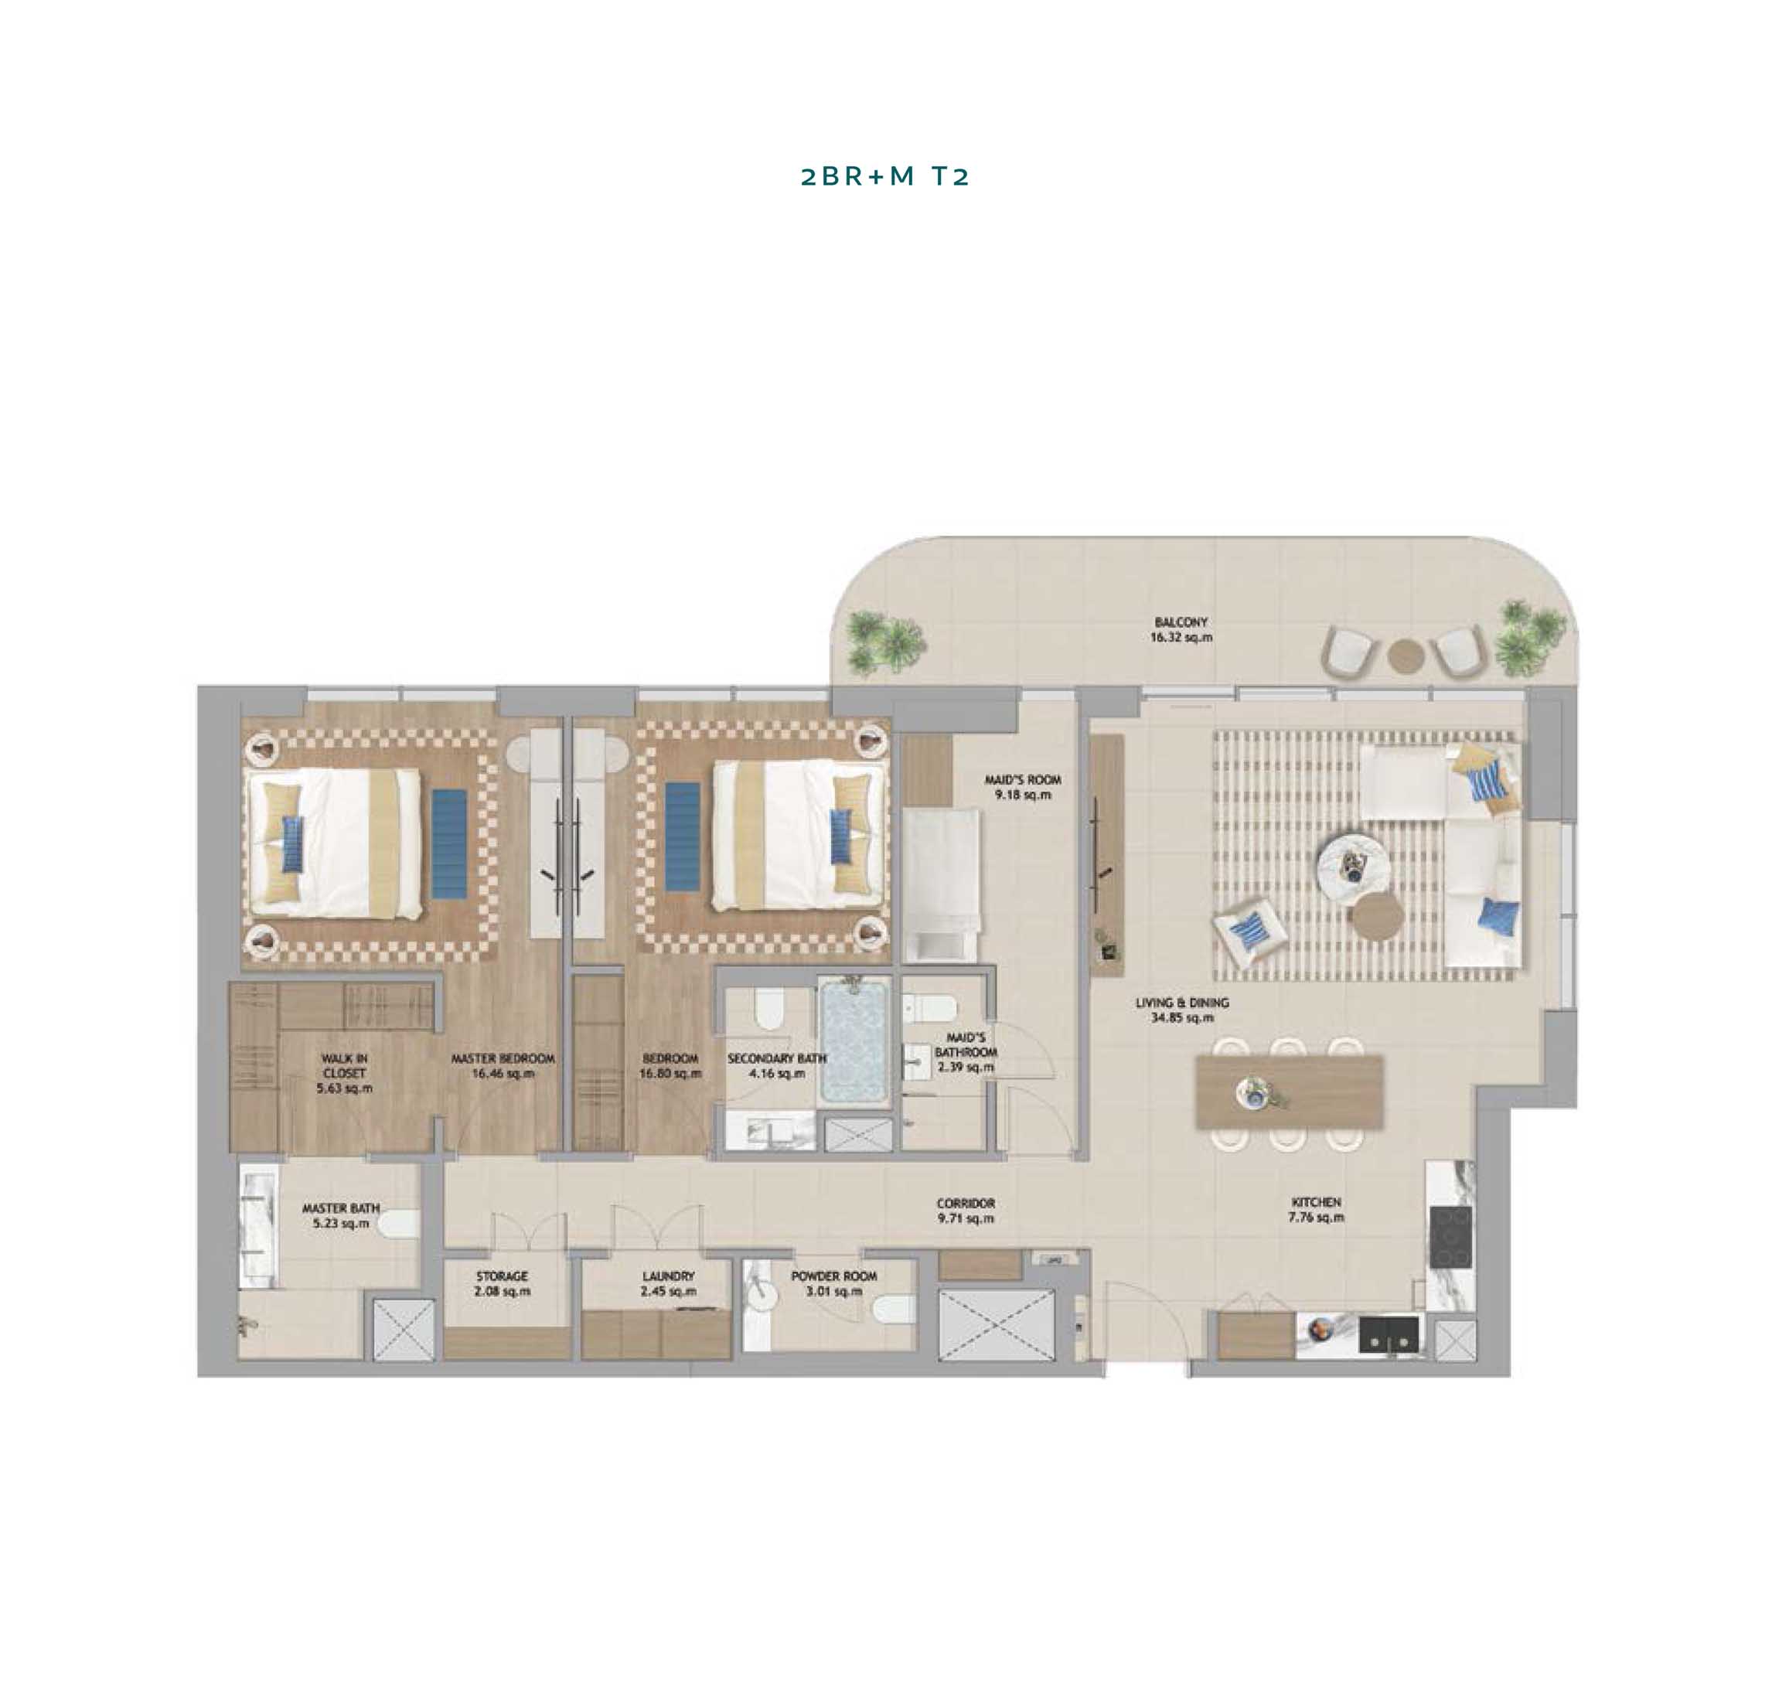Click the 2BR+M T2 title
tap(884, 176)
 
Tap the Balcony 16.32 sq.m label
tap(1181, 629)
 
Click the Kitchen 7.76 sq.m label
tap(1316, 1209)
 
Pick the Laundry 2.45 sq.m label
tap(668, 1283)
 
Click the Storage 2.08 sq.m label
tap(502, 1283)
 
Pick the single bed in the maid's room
tap(941, 884)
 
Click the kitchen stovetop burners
tap(1450, 1236)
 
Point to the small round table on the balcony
tap(1406, 656)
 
